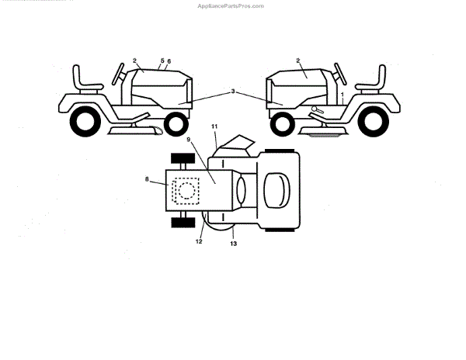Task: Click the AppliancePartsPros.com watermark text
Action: [x=231, y=5]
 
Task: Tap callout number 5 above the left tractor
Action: [x=162, y=60]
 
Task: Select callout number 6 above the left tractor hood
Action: [x=169, y=61]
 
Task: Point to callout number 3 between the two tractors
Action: [x=232, y=92]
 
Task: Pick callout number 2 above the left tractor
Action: [x=134, y=61]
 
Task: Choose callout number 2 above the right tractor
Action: [x=297, y=61]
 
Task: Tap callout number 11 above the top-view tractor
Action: [x=214, y=126]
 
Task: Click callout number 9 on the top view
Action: [x=189, y=140]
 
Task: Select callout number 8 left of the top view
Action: [x=147, y=179]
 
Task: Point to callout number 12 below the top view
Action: [x=199, y=242]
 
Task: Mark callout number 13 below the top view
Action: [x=234, y=244]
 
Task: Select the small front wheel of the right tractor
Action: [x=282, y=122]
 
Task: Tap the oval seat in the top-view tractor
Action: [x=275, y=189]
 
